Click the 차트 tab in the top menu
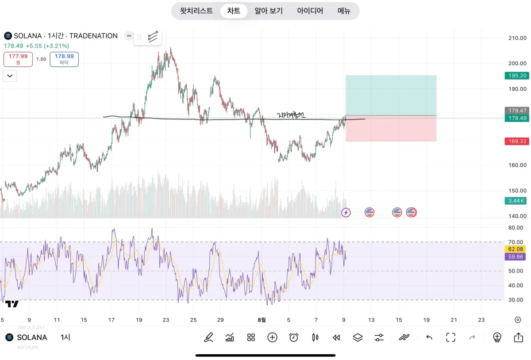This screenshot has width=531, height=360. pos(234,11)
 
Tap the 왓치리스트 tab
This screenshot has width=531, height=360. pos(196,11)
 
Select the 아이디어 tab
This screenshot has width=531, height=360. pos(310,11)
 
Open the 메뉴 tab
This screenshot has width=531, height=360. pos(344,11)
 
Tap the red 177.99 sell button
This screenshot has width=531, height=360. pos(18,59)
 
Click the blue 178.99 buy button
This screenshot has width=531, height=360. pos(64,59)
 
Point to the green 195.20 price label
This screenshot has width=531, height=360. pos(517,76)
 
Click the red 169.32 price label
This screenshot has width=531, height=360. pos(517,142)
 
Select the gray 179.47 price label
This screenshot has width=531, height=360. pos(517,111)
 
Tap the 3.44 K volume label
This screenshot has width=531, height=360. pos(517,201)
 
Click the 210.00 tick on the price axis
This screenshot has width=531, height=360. pos(517,38)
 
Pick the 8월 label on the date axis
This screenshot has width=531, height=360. pos(262,320)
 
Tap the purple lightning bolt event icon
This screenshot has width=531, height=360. pos(346,213)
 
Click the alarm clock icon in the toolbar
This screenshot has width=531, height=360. pos(294,337)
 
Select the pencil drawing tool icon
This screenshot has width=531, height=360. pos(208,337)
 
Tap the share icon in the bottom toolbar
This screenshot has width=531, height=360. pos(518,337)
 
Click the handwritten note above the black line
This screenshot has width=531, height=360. pos(291,115)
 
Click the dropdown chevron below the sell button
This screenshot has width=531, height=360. pos(10,76)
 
